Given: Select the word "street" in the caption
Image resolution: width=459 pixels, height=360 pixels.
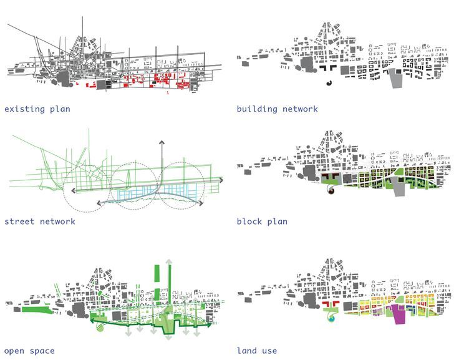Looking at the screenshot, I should (19, 221).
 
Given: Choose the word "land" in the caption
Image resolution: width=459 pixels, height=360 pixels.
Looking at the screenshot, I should (247, 351).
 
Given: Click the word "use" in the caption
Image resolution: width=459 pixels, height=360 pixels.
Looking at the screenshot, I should (269, 351).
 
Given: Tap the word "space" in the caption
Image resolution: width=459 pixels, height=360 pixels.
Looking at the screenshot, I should (42, 351).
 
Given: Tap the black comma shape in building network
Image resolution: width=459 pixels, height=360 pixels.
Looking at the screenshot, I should (329, 82).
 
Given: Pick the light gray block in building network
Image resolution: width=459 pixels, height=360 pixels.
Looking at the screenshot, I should (396, 80).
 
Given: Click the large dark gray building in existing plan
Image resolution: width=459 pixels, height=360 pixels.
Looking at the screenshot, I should (64, 77).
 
